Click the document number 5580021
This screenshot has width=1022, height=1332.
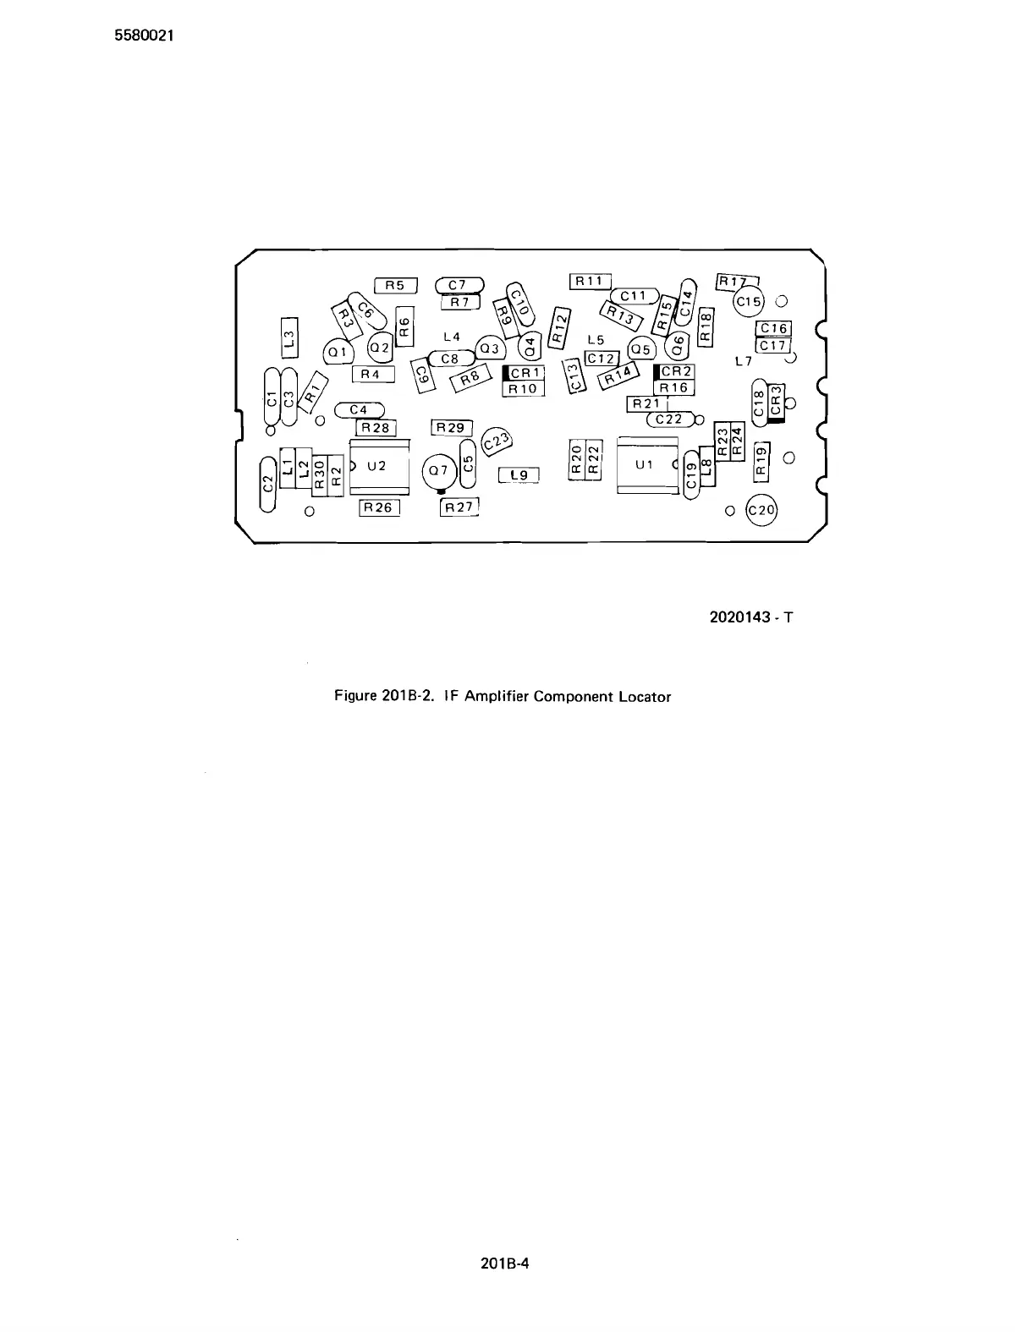click(x=144, y=36)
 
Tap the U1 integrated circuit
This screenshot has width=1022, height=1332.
click(x=647, y=464)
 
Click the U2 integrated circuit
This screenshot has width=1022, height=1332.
click(x=379, y=465)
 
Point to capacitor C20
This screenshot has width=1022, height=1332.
click(x=761, y=510)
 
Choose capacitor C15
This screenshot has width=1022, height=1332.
click(x=749, y=301)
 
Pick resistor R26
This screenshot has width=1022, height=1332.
click(x=378, y=507)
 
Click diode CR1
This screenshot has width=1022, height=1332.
click(x=525, y=372)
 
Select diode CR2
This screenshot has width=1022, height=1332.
click(x=675, y=371)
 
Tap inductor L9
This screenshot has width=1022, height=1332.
click(x=519, y=475)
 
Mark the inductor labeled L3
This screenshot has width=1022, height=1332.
click(x=289, y=337)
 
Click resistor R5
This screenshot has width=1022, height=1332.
click(x=395, y=286)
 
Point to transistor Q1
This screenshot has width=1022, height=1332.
click(x=338, y=352)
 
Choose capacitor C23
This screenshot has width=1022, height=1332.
click(x=496, y=441)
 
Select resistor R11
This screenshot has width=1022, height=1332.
click(x=590, y=281)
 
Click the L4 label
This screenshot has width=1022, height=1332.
click(x=452, y=337)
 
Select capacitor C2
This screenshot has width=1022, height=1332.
click(x=268, y=484)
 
